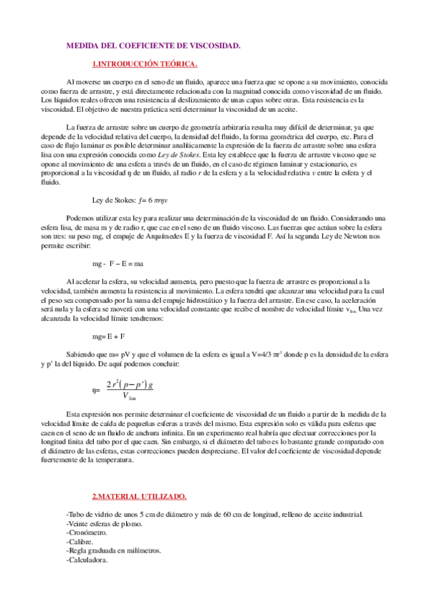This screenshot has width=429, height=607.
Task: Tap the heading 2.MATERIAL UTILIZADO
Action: (x=140, y=496)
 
